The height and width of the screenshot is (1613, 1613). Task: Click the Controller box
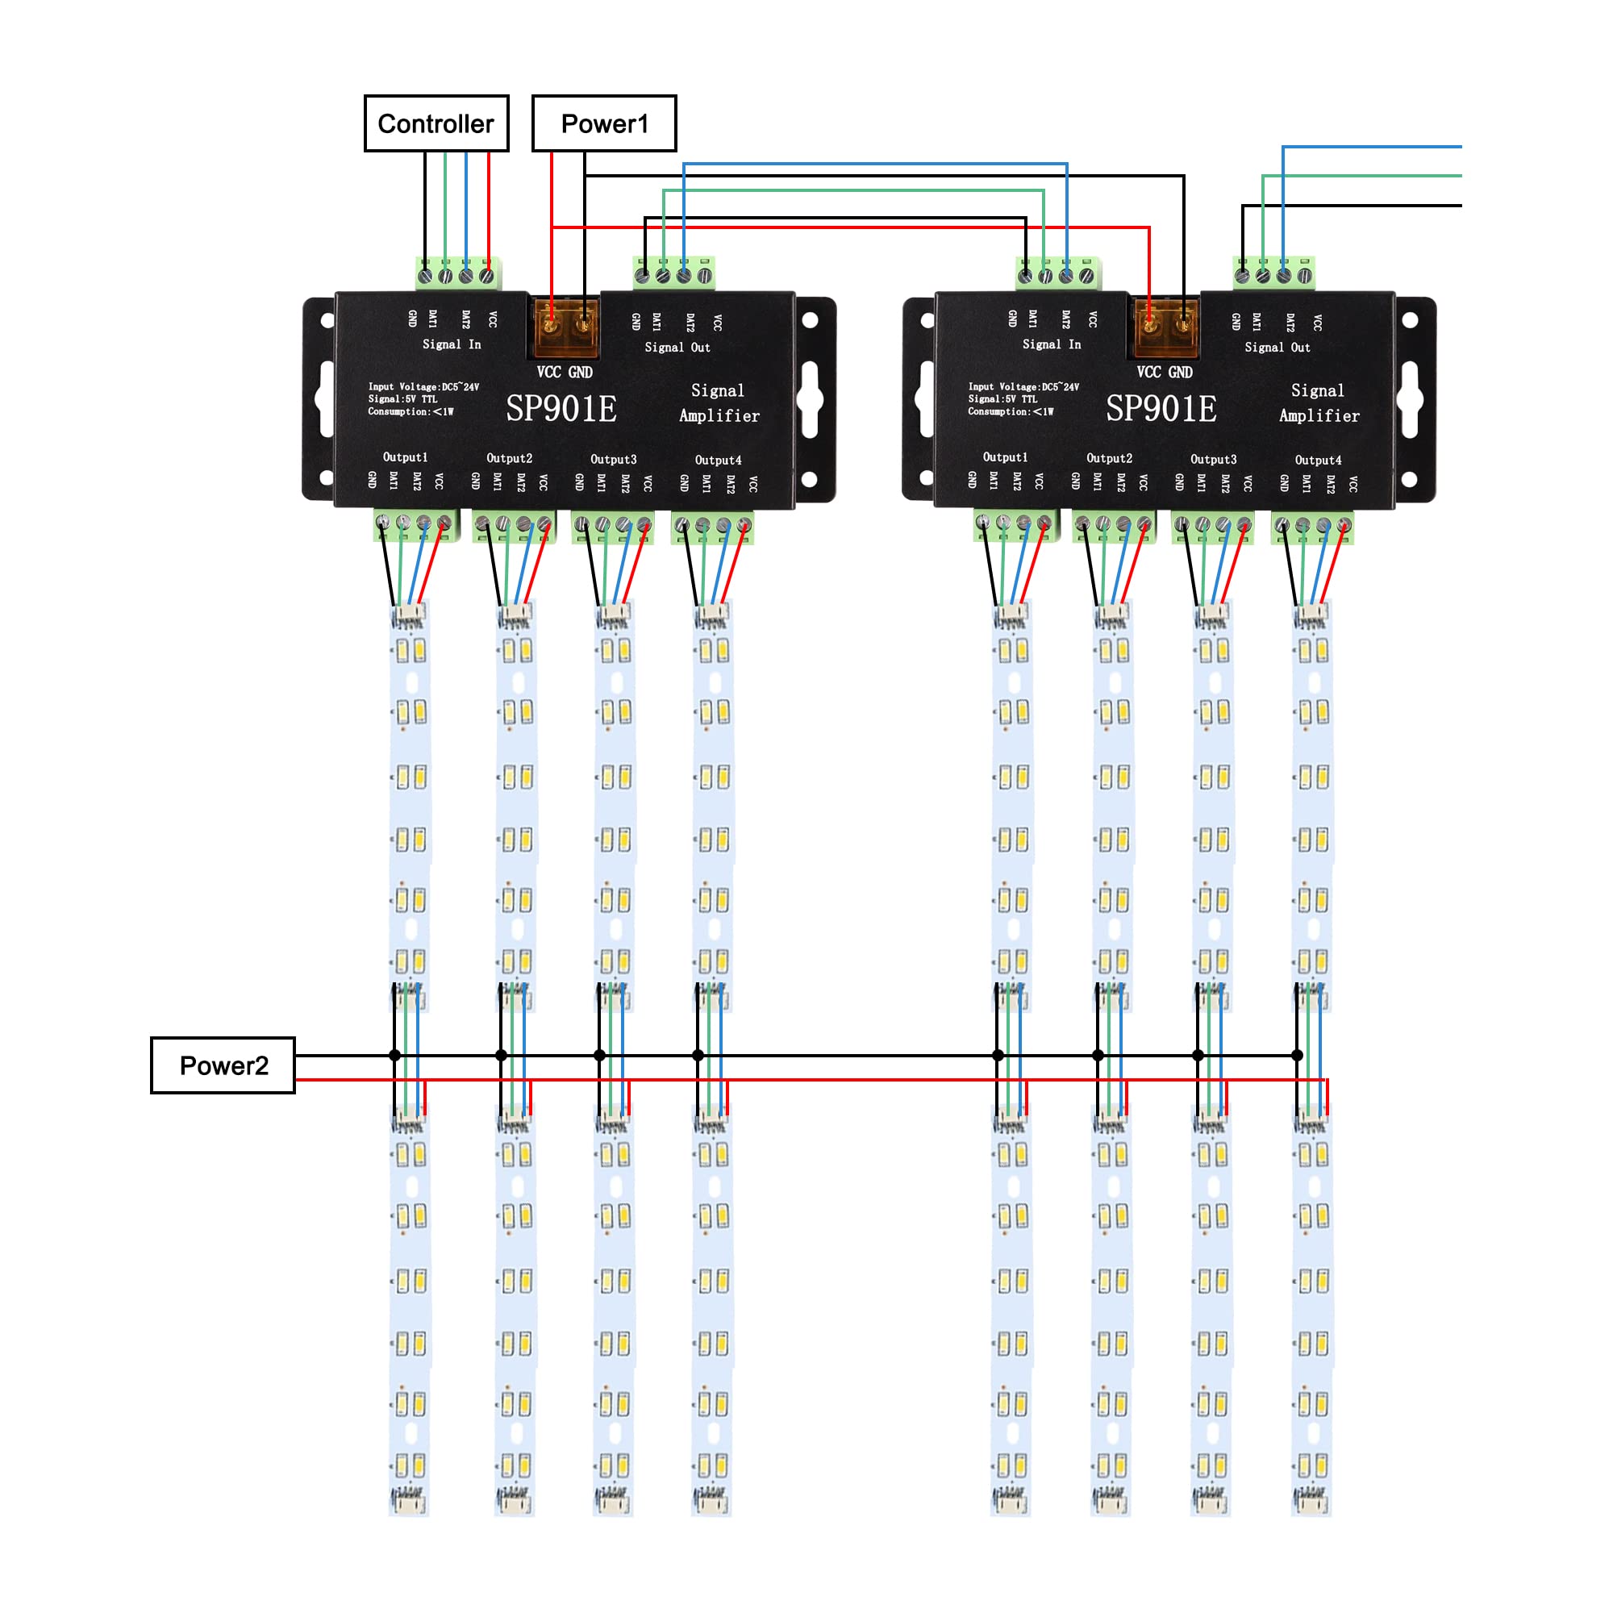[x=436, y=123]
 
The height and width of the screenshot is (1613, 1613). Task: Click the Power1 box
[x=603, y=123]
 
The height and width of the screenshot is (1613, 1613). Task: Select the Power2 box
[x=223, y=1065]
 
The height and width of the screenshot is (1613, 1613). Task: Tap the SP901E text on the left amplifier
[x=561, y=409]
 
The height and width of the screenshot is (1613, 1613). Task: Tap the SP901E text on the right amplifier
[x=1161, y=409]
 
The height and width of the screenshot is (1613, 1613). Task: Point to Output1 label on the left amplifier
[x=405, y=457]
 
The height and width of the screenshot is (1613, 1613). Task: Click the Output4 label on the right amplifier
[x=1318, y=460]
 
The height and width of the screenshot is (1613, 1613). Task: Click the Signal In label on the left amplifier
[x=451, y=344]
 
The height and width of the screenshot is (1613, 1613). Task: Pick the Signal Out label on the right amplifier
[x=1277, y=348]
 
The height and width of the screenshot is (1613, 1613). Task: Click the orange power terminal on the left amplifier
[x=566, y=327]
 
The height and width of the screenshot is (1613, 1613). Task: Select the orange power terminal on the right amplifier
[x=1165, y=327]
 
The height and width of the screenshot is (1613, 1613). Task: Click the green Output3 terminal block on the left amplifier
[x=613, y=527]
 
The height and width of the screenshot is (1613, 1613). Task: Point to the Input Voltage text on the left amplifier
[x=423, y=386]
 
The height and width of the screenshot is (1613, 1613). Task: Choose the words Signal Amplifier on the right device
[x=1319, y=402]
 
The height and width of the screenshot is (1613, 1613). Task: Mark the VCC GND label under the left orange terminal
[x=565, y=373]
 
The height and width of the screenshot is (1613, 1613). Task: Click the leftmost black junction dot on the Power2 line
[x=395, y=1055]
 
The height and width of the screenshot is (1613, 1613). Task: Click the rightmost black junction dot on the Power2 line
[x=1297, y=1055]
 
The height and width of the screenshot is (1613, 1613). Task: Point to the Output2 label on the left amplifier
[x=509, y=458]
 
